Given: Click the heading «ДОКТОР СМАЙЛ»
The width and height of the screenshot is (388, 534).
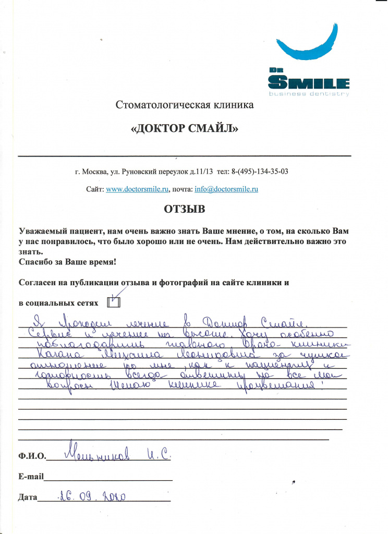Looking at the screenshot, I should point(186,128).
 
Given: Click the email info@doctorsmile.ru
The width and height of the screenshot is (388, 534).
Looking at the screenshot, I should point(226,189).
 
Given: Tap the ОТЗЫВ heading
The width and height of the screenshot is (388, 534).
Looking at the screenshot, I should point(185,210).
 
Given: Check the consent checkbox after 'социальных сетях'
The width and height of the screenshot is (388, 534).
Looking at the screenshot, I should point(113,301).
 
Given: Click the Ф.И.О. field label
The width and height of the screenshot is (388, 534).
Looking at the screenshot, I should point(32,456).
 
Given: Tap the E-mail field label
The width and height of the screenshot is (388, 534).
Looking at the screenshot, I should point(31,477).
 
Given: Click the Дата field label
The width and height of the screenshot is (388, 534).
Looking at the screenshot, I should point(28,497).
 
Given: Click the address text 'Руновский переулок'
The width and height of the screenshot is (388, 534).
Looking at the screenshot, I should point(151,171).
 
